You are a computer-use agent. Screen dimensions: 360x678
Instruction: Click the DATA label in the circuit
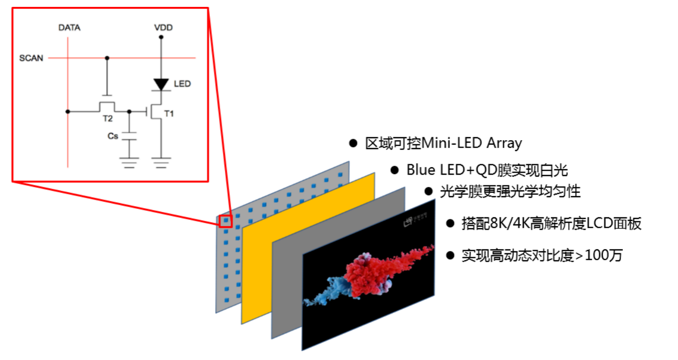pos(69,28)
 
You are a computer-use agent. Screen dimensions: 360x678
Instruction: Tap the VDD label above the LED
pos(163,28)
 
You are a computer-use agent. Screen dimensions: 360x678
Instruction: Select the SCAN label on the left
pos(31,58)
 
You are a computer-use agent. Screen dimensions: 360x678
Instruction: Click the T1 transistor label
pos(169,114)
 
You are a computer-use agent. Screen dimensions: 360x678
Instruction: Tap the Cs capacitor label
pos(113,136)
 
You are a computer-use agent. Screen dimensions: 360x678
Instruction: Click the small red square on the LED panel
pos(226,221)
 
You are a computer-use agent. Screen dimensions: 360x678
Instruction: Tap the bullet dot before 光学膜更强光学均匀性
pos(428,191)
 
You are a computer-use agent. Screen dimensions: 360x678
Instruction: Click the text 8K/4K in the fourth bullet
pos(507,224)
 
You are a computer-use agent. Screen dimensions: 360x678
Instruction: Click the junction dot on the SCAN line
pos(107,58)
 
